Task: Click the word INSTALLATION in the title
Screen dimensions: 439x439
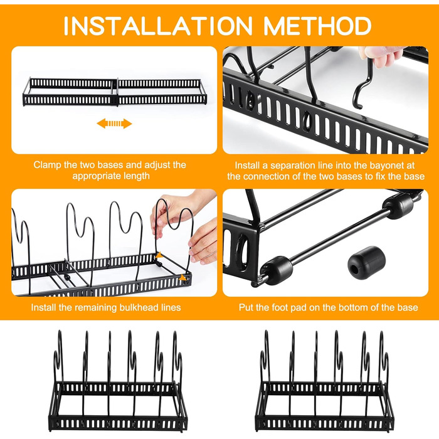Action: [x=158, y=26]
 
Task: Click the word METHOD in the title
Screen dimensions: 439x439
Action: [x=317, y=26]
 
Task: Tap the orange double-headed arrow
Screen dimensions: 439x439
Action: [x=114, y=124]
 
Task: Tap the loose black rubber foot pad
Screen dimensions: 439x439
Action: [x=366, y=263]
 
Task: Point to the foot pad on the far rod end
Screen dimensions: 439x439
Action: [x=398, y=206]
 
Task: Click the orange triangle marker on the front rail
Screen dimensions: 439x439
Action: [x=183, y=278]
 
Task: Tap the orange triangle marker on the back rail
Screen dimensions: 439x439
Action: [x=159, y=255]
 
